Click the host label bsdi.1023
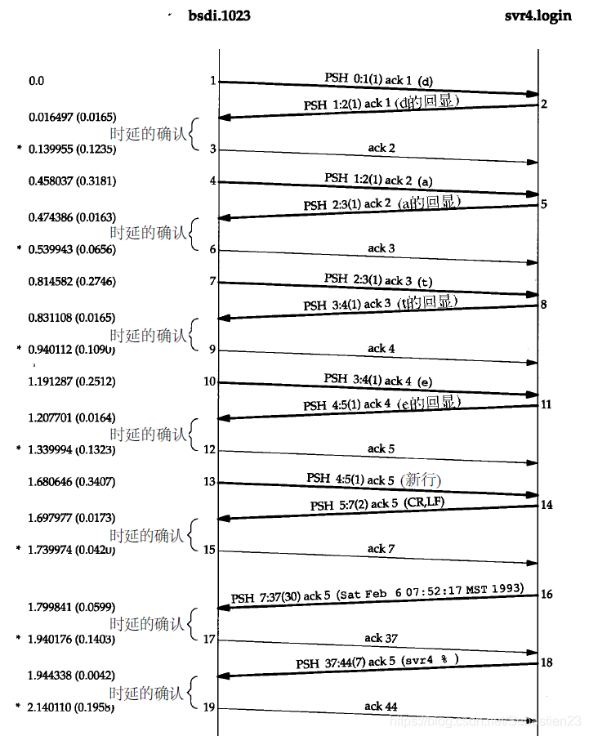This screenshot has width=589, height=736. coord(218,16)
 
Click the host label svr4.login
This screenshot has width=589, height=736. coord(538,16)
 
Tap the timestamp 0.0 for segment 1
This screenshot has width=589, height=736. coord(36,81)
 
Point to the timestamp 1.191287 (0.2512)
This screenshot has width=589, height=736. coord(72,381)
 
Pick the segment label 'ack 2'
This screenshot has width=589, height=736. coord(382,148)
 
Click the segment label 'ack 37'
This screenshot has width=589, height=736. coord(381,637)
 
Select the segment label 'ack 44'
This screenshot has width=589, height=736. coord(381,706)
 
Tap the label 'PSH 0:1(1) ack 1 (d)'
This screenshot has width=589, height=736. coord(378,79)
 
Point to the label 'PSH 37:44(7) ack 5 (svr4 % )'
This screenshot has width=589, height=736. coord(377,661)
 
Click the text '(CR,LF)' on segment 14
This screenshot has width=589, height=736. coord(424,503)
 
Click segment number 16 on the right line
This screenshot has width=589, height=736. coord(547,594)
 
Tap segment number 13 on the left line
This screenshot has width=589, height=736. coord(210,482)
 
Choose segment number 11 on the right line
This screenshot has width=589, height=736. coord(547,404)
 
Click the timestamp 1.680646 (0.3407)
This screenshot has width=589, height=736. coord(72,482)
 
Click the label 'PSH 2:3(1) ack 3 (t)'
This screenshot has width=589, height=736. coord(378,279)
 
